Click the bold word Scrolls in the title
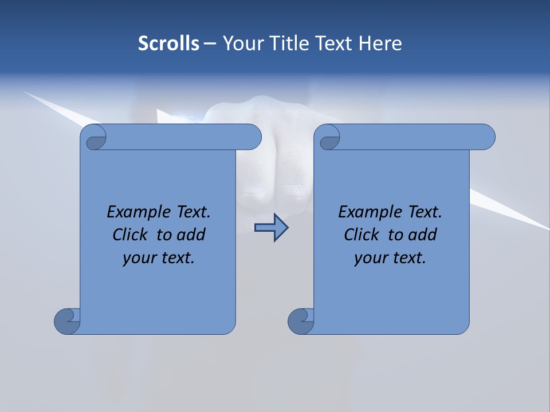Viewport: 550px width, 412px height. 169,43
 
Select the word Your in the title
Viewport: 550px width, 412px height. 241,43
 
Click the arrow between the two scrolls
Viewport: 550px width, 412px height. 271,228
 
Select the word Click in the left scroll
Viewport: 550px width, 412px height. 131,235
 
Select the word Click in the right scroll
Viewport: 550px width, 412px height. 362,235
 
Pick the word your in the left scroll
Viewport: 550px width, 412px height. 138,259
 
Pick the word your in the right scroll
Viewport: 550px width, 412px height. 370,259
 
